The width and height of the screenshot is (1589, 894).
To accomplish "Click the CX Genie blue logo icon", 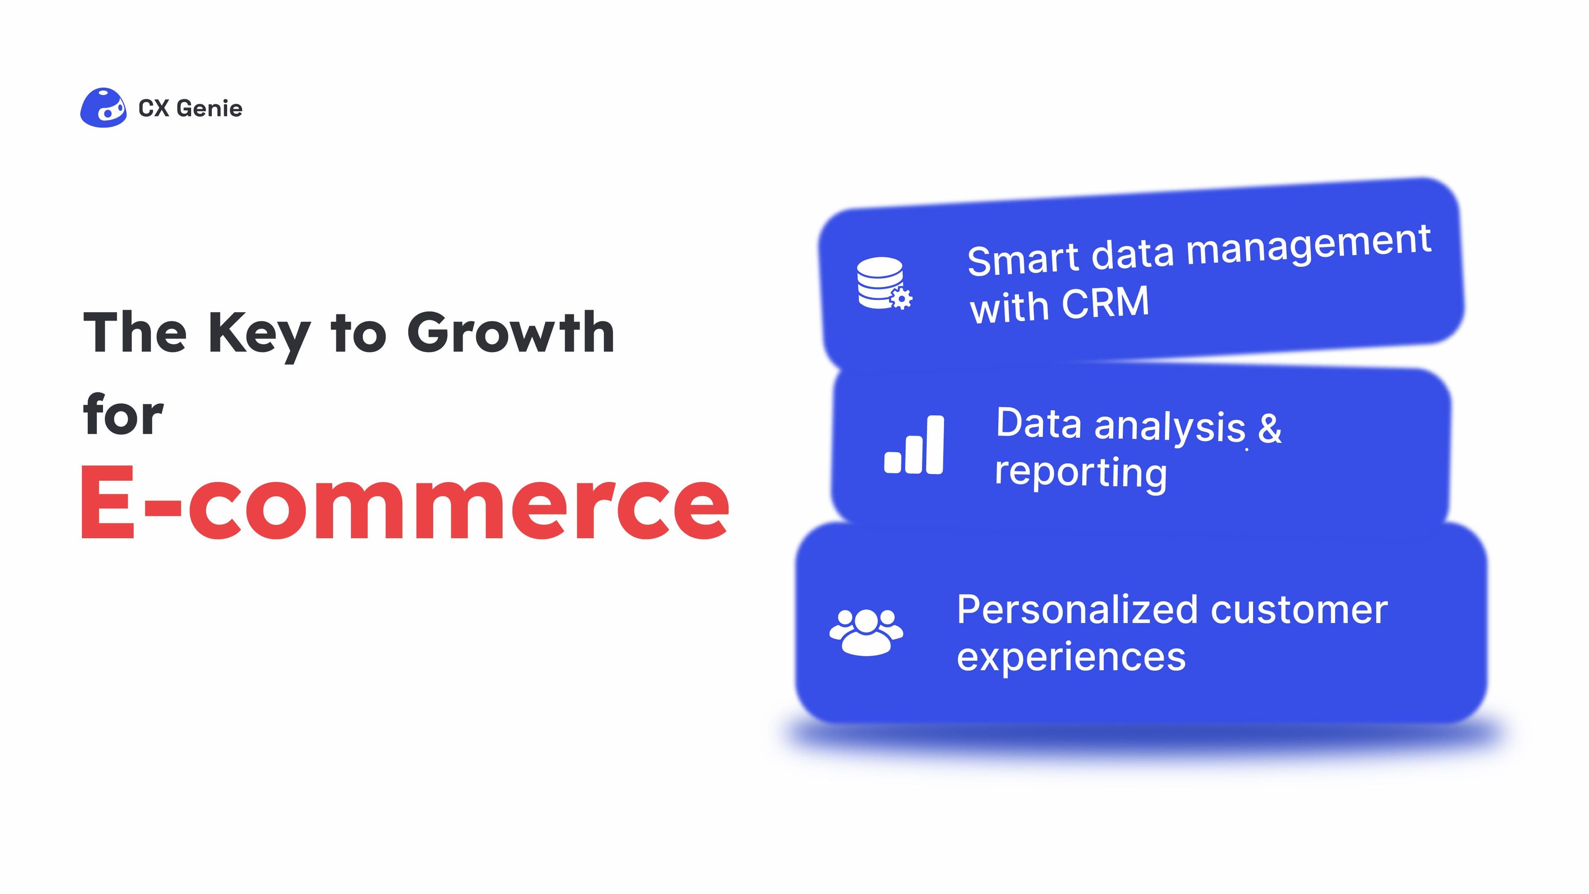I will (x=103, y=108).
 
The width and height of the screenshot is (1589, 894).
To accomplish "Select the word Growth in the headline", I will (x=511, y=333).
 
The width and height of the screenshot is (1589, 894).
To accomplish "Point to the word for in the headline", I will (x=123, y=415).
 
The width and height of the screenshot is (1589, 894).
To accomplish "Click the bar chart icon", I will (x=914, y=445).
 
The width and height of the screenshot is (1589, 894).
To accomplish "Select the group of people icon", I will (x=866, y=631).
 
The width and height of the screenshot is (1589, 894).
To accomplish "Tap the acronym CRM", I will (x=1105, y=303).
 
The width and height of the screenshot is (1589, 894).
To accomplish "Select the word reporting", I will (x=1081, y=474).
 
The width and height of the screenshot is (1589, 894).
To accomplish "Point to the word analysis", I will (x=1169, y=426).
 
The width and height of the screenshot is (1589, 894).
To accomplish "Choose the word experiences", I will (x=1071, y=657).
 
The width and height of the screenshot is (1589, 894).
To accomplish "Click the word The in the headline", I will (x=135, y=333).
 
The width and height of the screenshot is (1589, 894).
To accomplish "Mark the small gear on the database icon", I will (x=901, y=298).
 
